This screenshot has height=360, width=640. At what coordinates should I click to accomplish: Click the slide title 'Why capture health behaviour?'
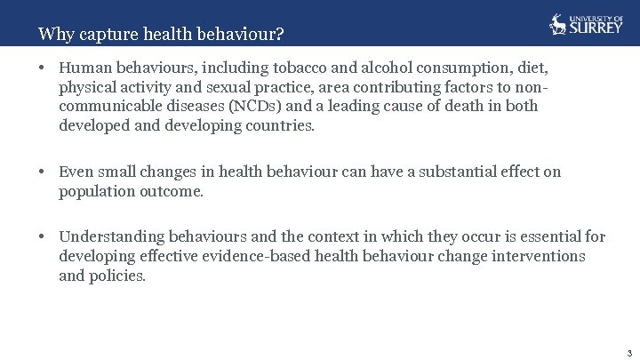[x=161, y=35]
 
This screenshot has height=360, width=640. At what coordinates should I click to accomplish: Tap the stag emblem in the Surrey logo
[x=558, y=24]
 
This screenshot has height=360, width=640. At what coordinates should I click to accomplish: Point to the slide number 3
[x=628, y=352]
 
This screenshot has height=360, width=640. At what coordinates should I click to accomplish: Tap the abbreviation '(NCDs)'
[x=254, y=107]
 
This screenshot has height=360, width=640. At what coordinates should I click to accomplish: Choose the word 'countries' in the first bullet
[x=280, y=126]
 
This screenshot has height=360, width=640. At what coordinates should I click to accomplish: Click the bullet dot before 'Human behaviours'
[x=43, y=68]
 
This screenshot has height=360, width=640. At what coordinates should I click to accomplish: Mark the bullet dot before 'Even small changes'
[x=43, y=172]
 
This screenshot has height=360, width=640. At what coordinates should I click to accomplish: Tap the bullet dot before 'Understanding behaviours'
[x=43, y=236]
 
